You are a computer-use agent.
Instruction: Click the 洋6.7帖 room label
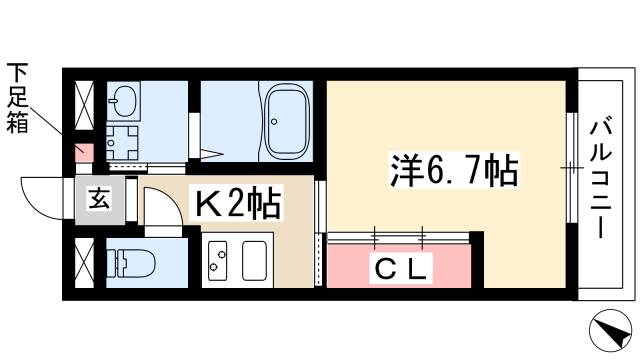pos(452,171)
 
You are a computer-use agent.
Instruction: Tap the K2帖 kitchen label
pos(238,206)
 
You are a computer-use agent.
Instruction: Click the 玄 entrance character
pos(99,199)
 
